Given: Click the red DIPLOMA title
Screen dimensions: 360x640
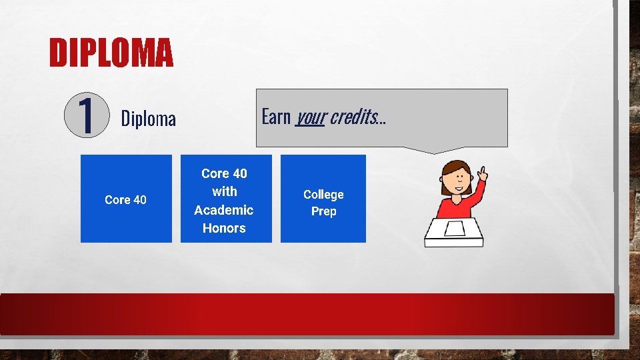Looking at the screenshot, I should (x=111, y=53).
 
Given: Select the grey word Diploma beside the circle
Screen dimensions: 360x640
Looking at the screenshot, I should (x=148, y=119).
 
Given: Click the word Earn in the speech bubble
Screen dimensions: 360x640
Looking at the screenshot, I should (x=276, y=117).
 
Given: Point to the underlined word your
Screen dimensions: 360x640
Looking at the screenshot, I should (x=310, y=118).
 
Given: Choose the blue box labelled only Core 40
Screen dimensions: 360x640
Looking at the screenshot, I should (x=125, y=199).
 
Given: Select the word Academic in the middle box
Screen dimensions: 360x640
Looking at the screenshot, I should (x=224, y=210).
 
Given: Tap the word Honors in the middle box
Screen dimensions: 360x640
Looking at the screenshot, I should (x=224, y=228).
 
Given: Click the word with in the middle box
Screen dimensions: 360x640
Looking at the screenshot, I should (x=224, y=192).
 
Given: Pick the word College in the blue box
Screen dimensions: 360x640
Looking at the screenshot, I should (x=323, y=194).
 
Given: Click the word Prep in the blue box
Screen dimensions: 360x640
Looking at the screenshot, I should (x=323, y=211).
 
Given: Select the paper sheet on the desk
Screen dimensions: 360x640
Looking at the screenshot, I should (x=455, y=229).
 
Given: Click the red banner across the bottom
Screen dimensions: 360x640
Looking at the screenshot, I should (x=307, y=313).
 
